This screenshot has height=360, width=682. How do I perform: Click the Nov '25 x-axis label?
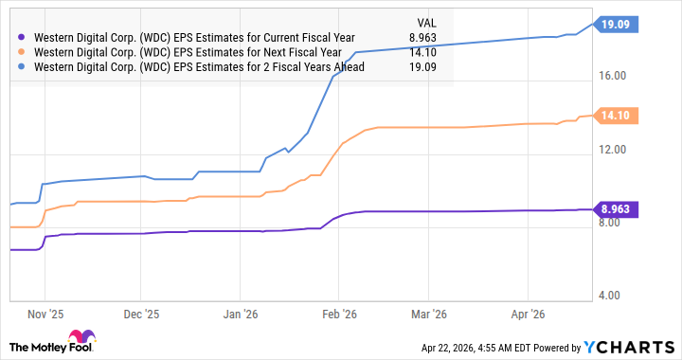click(45, 313)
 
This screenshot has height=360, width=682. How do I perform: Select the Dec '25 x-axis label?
click(139, 313)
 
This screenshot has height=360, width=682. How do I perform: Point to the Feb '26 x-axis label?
click(338, 313)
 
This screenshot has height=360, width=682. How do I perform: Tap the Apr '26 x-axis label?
click(528, 313)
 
